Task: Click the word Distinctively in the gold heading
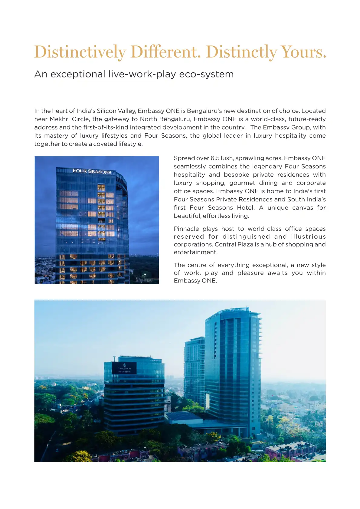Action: [x=80, y=52]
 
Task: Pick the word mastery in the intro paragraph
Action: [x=56, y=135]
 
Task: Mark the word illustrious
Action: [x=308, y=237]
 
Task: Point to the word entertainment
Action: [x=195, y=252]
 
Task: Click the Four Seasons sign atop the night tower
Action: [x=92, y=171]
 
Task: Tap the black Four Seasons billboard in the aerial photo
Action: [x=124, y=368]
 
